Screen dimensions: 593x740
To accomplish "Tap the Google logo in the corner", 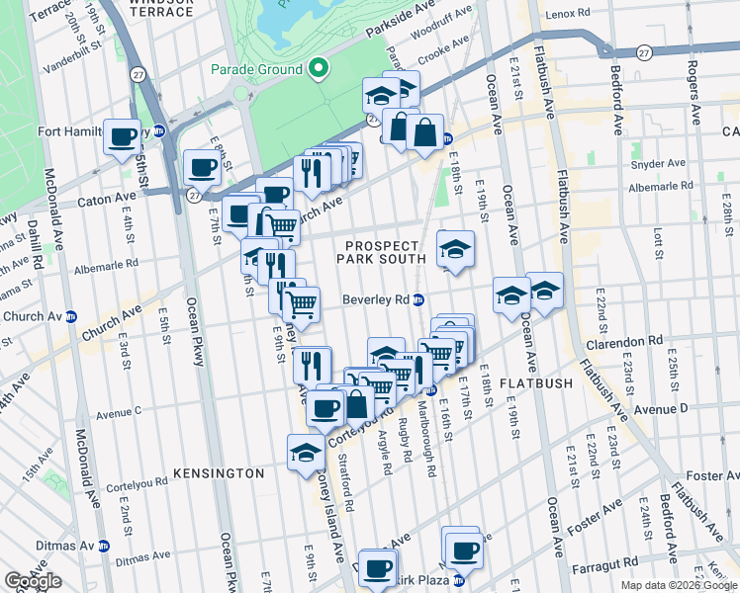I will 33,582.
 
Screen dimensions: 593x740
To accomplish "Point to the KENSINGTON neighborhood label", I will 219,473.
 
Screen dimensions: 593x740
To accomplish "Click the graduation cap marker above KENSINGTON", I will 305,454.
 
